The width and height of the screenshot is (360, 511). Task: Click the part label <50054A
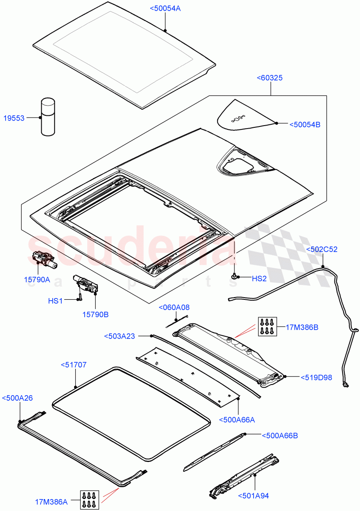coord(165,8)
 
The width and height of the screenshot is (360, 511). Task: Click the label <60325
coord(270,78)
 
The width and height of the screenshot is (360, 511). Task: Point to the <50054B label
coord(305,124)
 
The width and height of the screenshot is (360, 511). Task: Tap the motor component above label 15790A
coord(43,259)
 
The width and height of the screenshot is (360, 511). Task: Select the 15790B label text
coord(95,314)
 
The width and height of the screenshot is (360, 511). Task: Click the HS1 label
coord(55,301)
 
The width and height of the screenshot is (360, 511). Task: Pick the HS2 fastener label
coord(259,278)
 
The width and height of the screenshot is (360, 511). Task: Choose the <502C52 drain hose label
coord(322,249)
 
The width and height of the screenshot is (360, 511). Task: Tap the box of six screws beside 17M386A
coord(90,499)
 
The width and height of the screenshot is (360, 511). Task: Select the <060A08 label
coord(174,307)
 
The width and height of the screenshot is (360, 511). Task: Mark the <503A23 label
coord(120,336)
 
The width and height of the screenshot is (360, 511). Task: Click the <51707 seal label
coord(74,365)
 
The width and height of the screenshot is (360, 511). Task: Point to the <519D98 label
coord(316,377)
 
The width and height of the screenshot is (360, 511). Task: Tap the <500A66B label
coord(280,435)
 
